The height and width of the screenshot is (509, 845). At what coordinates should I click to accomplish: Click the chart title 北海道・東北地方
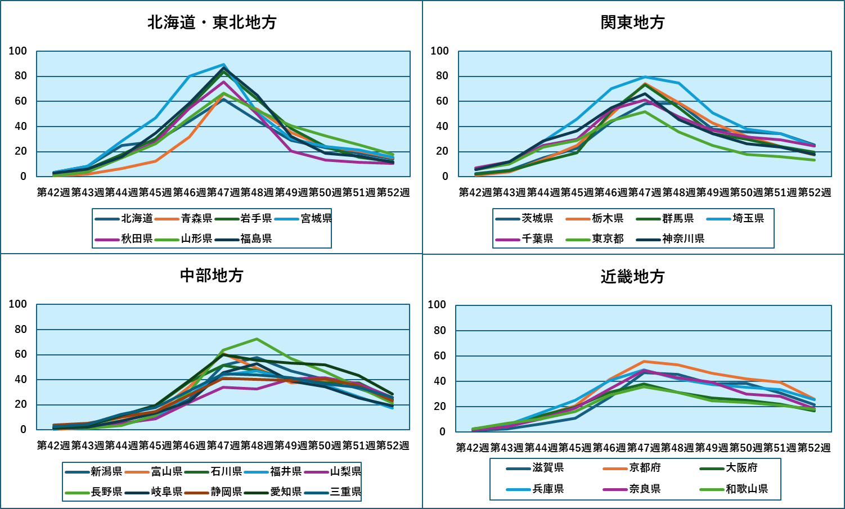point(212,22)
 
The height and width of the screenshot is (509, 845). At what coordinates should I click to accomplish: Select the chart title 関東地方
point(633,22)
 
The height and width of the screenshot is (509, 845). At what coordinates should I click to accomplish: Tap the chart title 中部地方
point(212,276)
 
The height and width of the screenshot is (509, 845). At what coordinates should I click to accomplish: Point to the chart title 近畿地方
point(633,277)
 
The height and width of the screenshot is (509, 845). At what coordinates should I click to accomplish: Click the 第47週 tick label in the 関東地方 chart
point(645,192)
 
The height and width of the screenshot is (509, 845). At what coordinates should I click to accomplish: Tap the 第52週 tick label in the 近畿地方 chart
point(813,448)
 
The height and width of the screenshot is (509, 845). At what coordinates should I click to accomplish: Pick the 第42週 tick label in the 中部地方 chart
point(53,445)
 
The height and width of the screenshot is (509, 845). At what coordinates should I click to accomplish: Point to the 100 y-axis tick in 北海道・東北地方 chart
point(17,51)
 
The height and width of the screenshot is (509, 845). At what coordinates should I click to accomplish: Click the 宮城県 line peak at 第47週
point(223,65)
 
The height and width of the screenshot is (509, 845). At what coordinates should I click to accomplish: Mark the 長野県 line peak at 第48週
point(257,339)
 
